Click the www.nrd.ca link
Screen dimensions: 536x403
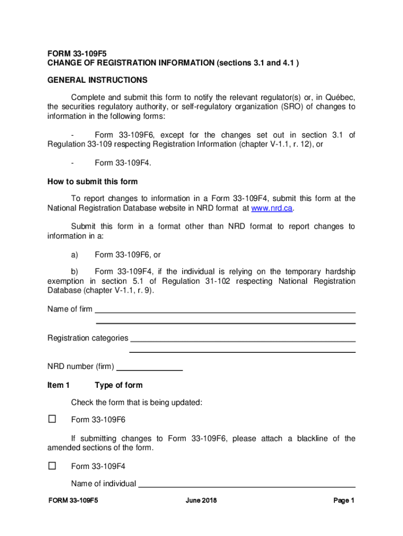click(272, 208)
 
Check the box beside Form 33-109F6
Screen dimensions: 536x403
click(52, 419)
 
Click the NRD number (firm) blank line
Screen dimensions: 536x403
click(149, 370)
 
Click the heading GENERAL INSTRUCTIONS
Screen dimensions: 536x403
click(97, 80)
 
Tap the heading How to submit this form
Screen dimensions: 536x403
click(93, 182)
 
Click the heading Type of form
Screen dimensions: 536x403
click(118, 385)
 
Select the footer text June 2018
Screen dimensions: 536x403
click(201, 500)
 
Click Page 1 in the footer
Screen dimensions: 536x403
click(344, 500)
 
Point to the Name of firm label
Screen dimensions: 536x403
click(70, 309)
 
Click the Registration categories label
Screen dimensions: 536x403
click(87, 338)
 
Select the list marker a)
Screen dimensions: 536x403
click(74, 255)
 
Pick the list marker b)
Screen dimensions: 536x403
click(74, 271)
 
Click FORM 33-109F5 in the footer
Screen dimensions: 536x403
click(73, 500)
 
